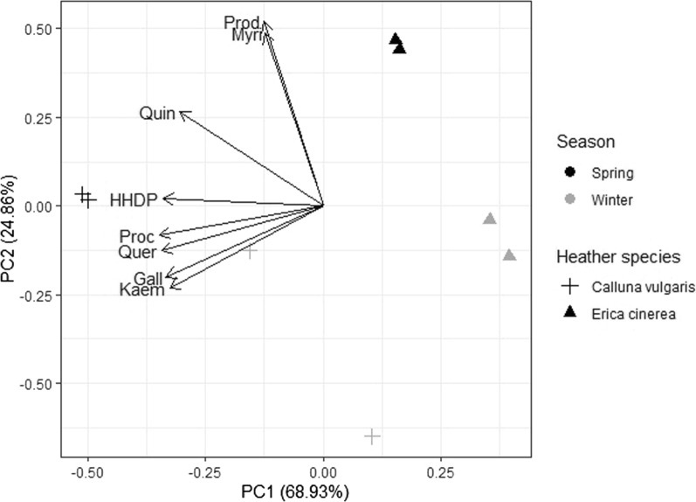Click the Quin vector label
pos(157,114)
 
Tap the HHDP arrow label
pos(134,200)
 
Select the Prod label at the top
pos(242,22)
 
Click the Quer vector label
pos(137,252)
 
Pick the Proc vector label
pos(137,237)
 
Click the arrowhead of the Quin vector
pos(180,112)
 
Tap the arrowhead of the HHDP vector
pos(165,199)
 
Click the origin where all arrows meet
pos(323,206)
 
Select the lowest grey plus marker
pos(372,436)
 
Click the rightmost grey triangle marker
pos(509,255)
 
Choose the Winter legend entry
pos(609,200)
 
